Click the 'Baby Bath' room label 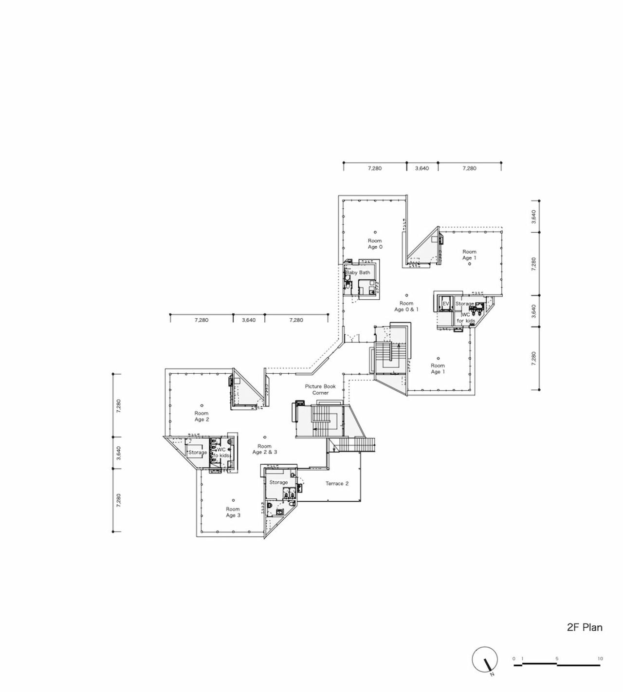point(358,273)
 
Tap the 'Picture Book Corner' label point(320,389)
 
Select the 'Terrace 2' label point(337,483)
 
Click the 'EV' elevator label point(445,304)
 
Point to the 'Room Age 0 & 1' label point(406,306)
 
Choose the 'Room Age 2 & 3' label point(264,449)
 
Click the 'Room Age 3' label point(233,512)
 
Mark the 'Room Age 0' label point(375,243)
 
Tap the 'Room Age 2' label point(202,416)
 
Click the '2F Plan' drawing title point(584,627)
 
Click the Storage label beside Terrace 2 point(278,482)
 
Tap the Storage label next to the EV point(464,304)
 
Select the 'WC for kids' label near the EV point(466,317)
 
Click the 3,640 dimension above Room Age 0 point(421,168)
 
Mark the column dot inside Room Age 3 point(233,500)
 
